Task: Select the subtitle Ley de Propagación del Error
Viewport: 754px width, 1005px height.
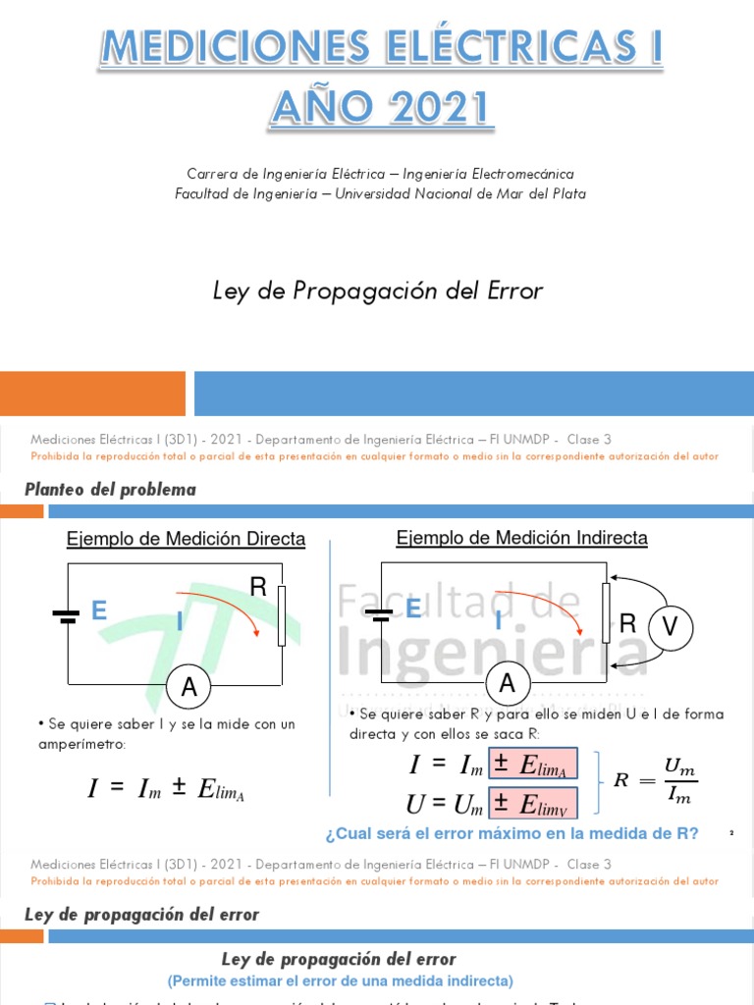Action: pyautogui.click(x=378, y=291)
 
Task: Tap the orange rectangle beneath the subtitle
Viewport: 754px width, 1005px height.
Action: pyautogui.click(x=92, y=394)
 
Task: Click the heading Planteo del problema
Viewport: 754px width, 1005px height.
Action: pyautogui.click(x=110, y=489)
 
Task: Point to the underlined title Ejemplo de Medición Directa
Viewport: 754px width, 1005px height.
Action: pyautogui.click(x=186, y=539)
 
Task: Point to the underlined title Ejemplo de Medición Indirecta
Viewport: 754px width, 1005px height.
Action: pyautogui.click(x=521, y=538)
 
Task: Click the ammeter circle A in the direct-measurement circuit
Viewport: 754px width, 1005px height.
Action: pyautogui.click(x=189, y=690)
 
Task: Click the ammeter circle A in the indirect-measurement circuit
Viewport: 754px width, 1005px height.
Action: pyautogui.click(x=508, y=684)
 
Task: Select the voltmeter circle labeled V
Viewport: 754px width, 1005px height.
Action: pyautogui.click(x=671, y=627)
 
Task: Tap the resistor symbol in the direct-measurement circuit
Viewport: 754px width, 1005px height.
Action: pyautogui.click(x=282, y=616)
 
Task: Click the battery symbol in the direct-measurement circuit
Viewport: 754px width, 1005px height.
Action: pyautogui.click(x=66, y=615)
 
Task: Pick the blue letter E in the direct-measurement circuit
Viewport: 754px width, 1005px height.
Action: pyautogui.click(x=98, y=611)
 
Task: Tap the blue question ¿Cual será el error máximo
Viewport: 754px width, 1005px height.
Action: pyautogui.click(x=512, y=834)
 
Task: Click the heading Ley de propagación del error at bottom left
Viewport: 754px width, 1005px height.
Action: pyautogui.click(x=141, y=914)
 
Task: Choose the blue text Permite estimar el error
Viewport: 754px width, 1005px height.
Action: pyautogui.click(x=340, y=979)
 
